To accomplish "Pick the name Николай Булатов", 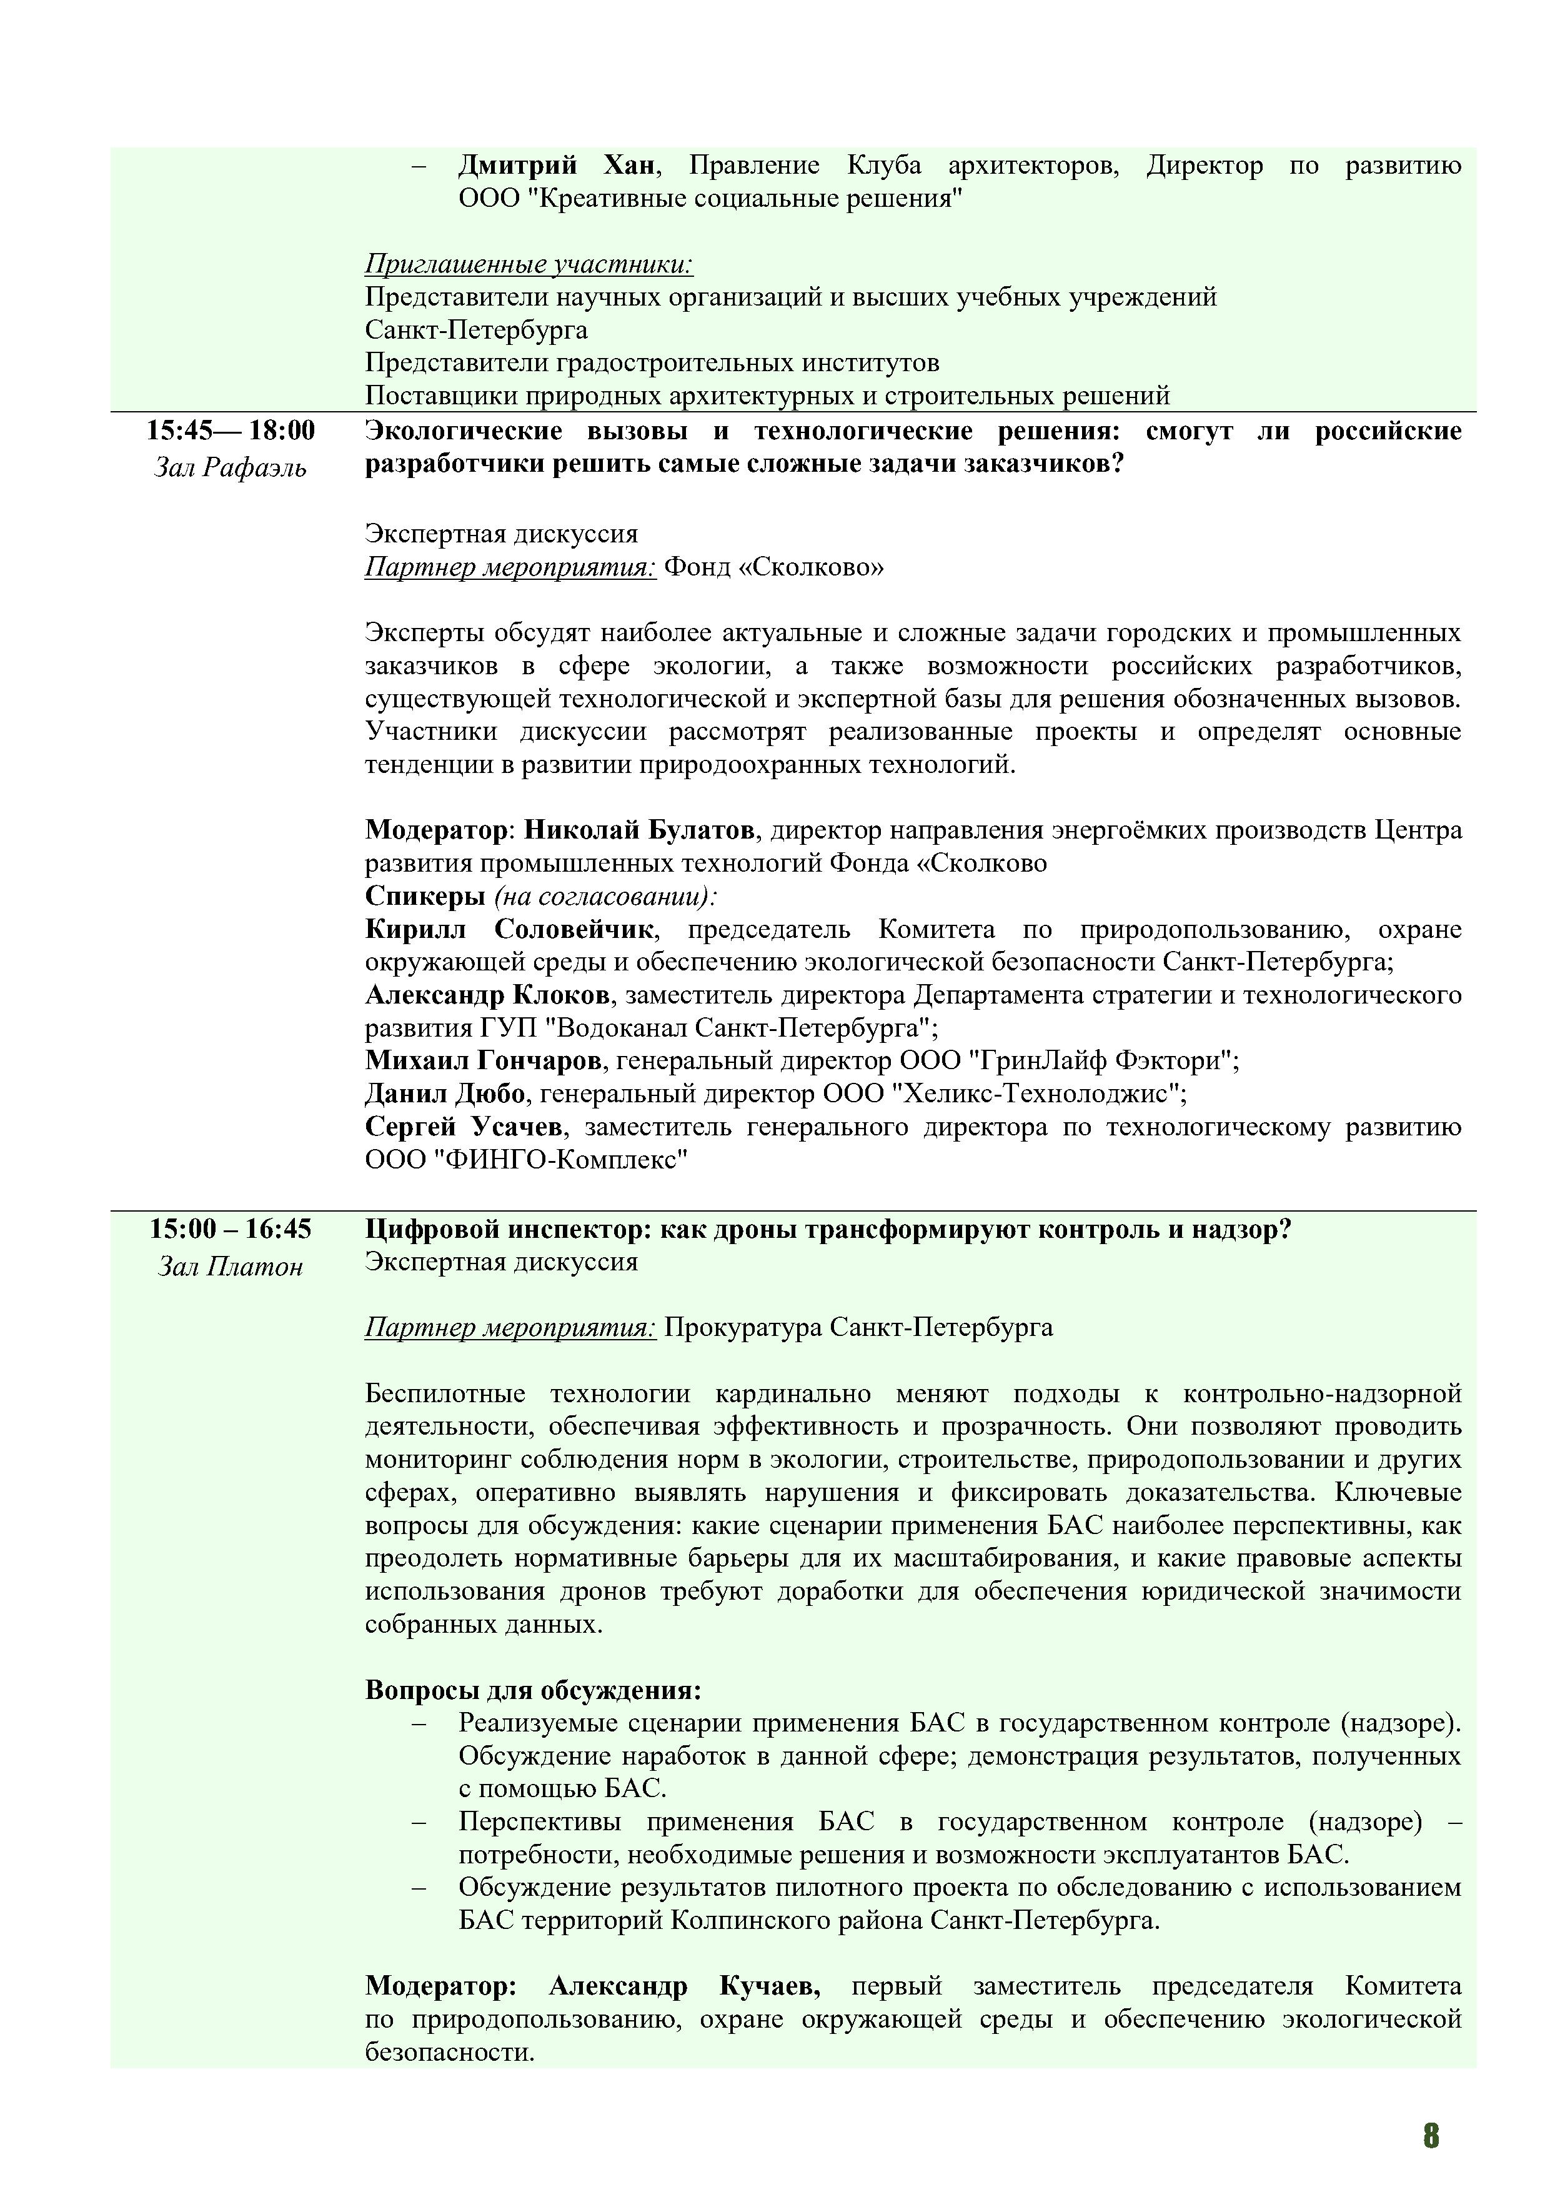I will click(x=640, y=830).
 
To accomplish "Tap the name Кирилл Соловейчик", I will click(x=510, y=929).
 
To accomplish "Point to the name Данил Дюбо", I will click(x=445, y=1093).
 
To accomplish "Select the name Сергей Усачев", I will click(x=464, y=1127).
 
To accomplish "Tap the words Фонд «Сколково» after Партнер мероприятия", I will click(x=774, y=567).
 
